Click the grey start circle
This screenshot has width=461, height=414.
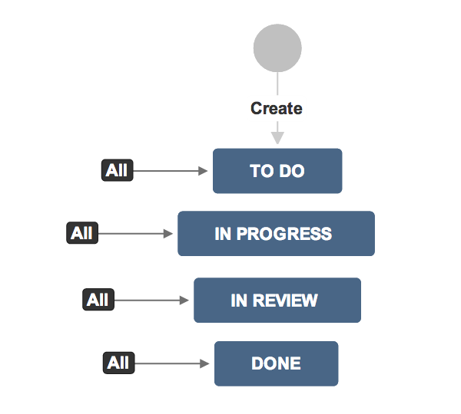point(277,48)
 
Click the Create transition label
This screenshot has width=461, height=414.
point(277,108)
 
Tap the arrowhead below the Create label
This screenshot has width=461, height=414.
point(277,138)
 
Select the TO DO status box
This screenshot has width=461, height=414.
point(277,171)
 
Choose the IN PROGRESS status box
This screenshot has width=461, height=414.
point(276,234)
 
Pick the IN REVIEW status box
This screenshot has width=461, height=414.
point(277,301)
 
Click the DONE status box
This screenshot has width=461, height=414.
point(277,363)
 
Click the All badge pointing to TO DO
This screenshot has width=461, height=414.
point(118,170)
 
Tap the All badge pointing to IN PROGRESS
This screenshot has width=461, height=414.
point(82,233)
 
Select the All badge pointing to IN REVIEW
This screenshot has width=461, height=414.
point(98,300)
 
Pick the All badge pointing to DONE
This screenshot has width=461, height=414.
point(119,363)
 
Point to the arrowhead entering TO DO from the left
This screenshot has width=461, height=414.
point(203,171)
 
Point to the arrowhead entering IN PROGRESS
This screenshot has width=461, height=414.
point(167,234)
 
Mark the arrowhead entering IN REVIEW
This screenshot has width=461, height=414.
point(184,301)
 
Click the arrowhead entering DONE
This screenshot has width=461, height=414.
point(204,363)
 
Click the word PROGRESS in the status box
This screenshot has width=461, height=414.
point(284,234)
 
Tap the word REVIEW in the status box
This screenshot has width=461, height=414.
point(285,301)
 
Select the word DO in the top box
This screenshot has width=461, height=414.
point(292,171)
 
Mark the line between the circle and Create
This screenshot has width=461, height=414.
point(277,84)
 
